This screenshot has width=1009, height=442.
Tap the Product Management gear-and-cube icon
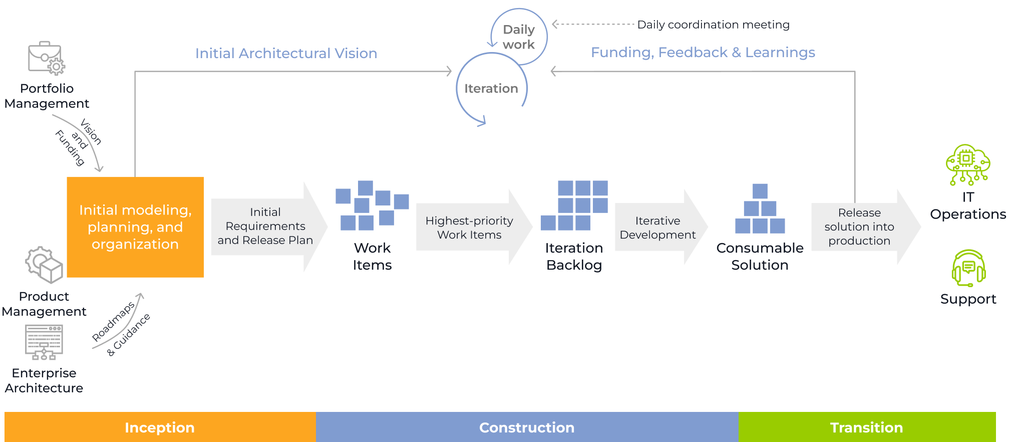point(44,265)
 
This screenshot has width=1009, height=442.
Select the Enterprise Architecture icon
point(44,342)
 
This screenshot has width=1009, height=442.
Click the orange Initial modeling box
point(135,227)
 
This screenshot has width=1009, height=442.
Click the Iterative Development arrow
point(658,228)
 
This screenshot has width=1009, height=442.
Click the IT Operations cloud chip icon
point(967,165)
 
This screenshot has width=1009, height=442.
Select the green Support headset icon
point(968,269)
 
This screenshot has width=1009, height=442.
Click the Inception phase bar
point(160,427)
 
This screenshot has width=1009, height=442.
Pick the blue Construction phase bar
point(527,427)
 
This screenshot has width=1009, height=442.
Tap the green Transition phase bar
point(867,427)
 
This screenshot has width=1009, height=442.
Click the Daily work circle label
point(519,37)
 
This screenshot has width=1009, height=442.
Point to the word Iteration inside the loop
point(491,89)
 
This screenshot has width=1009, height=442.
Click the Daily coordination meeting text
point(713,25)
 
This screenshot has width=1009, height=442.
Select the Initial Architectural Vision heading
point(286,53)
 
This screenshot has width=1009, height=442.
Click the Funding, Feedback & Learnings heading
point(703,52)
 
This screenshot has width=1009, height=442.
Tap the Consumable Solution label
point(760,256)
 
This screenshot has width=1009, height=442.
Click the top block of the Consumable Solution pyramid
point(760,191)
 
